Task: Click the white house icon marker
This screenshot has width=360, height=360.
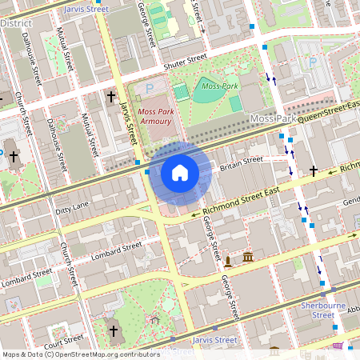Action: [x=180, y=173]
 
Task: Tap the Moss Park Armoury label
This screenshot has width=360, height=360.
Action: [x=154, y=117]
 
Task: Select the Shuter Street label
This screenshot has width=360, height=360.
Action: [x=184, y=62]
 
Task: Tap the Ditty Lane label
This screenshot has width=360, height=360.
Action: [x=72, y=208]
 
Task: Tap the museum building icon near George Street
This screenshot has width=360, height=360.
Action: [x=249, y=258]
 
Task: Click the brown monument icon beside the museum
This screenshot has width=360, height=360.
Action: [x=229, y=261]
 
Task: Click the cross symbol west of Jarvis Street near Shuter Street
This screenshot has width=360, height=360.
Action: [x=110, y=97]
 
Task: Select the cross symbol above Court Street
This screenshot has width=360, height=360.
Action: [x=113, y=330]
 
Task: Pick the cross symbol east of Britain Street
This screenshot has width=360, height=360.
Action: [x=314, y=170]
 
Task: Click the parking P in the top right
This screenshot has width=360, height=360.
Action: [x=313, y=62]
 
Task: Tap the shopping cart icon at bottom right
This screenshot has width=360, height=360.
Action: [x=338, y=346]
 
